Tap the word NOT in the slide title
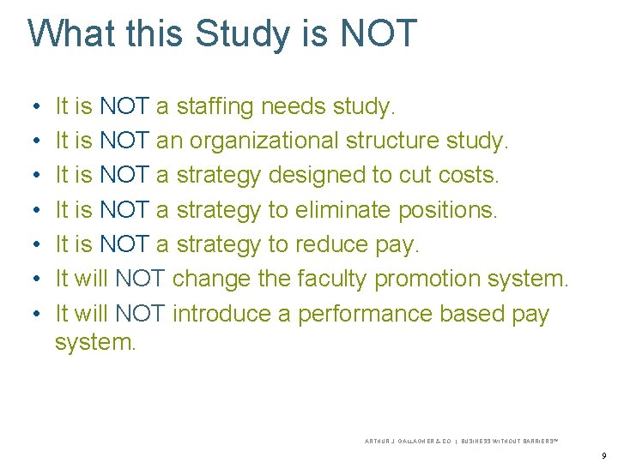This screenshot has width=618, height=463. point(379,33)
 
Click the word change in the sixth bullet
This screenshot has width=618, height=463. point(213,279)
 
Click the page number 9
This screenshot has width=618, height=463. point(604,455)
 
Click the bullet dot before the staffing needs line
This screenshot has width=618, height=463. point(33,108)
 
